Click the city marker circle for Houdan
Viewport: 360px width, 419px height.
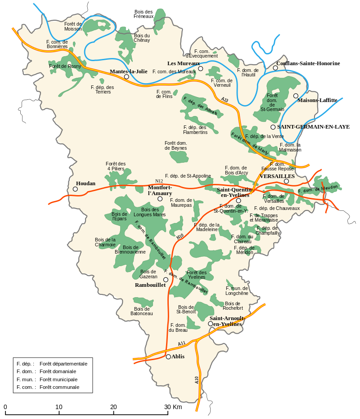pos(75,189)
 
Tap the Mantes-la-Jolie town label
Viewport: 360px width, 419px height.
pos(128,71)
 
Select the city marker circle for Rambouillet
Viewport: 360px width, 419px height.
pos(166,280)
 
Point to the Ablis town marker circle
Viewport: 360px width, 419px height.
pos(168,357)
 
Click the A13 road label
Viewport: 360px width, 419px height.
pos(225,99)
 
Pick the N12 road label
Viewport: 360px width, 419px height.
pos(159,181)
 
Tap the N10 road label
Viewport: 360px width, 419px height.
pos(180,236)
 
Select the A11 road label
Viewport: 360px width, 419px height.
pos(181,343)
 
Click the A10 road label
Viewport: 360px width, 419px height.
pos(197,380)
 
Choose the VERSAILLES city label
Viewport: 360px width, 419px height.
pos(277,176)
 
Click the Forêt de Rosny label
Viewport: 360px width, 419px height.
pos(65,66)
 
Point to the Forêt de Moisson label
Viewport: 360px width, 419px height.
pos(73,26)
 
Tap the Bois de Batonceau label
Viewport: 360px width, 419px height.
pos(142,311)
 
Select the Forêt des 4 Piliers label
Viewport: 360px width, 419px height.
pos(116,166)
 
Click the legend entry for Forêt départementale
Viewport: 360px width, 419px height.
pos(63,363)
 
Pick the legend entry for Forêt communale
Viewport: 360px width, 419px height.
pos(59,387)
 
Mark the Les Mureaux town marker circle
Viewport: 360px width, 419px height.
pos(201,68)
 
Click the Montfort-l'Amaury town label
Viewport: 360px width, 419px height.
pos(160,190)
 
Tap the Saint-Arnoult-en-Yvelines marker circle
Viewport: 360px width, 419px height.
pos(211,324)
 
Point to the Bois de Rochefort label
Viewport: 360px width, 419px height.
pos(233,306)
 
